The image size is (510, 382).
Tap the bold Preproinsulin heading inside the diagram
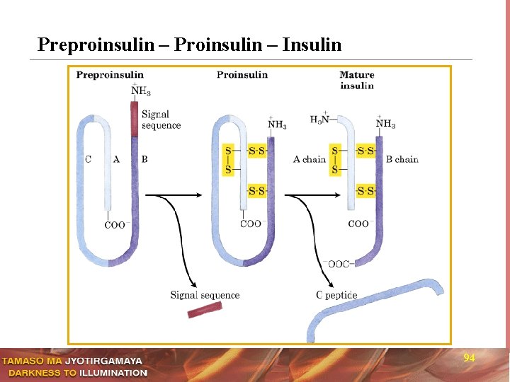point(110,75)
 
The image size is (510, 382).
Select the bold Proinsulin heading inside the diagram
point(242,75)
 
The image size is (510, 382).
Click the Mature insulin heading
point(357,80)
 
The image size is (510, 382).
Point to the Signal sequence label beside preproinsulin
point(161,120)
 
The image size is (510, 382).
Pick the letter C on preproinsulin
point(88,159)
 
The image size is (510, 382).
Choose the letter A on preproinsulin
point(116,159)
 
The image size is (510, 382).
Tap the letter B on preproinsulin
point(144,159)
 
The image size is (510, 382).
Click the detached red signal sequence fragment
point(205,310)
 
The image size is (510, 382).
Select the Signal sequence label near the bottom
point(205,295)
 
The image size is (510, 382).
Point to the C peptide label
point(336,295)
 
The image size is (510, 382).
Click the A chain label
point(309,159)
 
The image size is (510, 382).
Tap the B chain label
point(402,159)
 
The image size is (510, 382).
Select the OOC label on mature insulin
point(337,264)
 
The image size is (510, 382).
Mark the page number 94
point(469,358)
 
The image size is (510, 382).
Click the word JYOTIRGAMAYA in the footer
point(103,361)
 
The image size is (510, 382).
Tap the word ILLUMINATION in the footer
point(113,373)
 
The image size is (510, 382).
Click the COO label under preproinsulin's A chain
point(115,225)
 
